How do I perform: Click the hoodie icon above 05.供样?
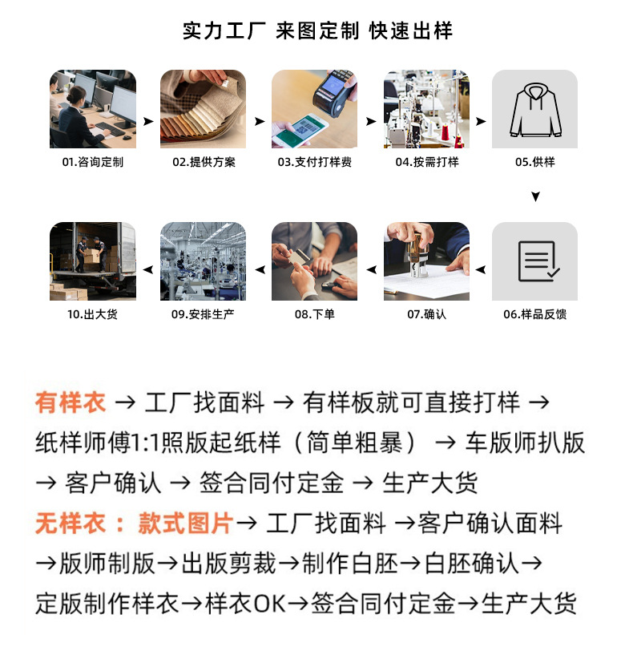(535, 110)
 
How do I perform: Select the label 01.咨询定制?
(92, 162)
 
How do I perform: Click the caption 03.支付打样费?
(315, 162)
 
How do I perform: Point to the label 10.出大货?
(92, 314)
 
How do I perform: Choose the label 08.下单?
(315, 314)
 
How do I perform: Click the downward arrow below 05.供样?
(535, 196)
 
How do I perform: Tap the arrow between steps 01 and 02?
(148, 121)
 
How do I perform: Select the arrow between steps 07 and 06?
(481, 269)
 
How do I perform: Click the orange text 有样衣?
(71, 402)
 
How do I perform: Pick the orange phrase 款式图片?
(185, 523)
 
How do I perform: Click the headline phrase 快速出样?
(410, 30)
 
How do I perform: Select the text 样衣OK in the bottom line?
(245, 604)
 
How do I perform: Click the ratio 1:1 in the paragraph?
(144, 443)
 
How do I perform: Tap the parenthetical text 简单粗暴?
(355, 443)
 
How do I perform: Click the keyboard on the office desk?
(110, 128)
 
